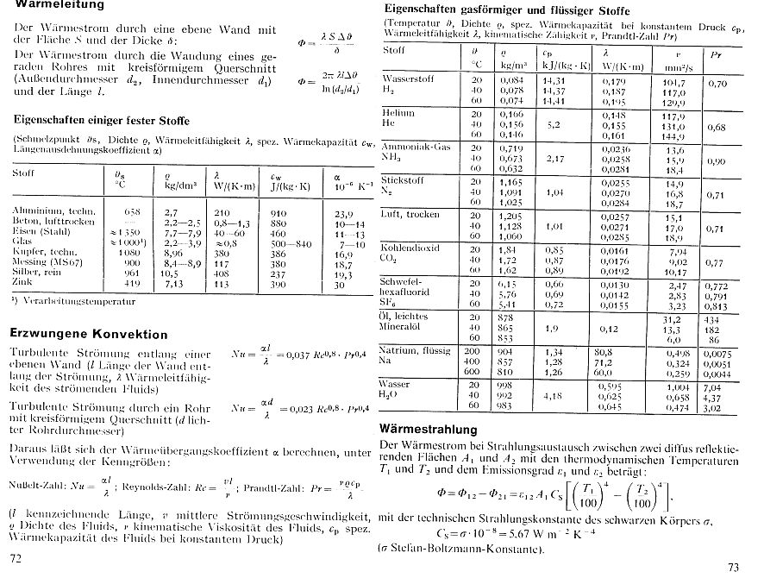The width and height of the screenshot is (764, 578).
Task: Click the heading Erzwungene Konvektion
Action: pyautogui.click(x=88, y=333)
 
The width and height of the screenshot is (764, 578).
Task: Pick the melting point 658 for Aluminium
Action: pyautogui.click(x=132, y=210)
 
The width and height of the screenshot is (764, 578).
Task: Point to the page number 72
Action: pyautogui.click(x=15, y=559)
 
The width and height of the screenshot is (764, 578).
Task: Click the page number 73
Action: pyautogui.click(x=734, y=567)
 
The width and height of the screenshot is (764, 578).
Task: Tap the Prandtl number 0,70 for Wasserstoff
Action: pyautogui.click(x=717, y=85)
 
